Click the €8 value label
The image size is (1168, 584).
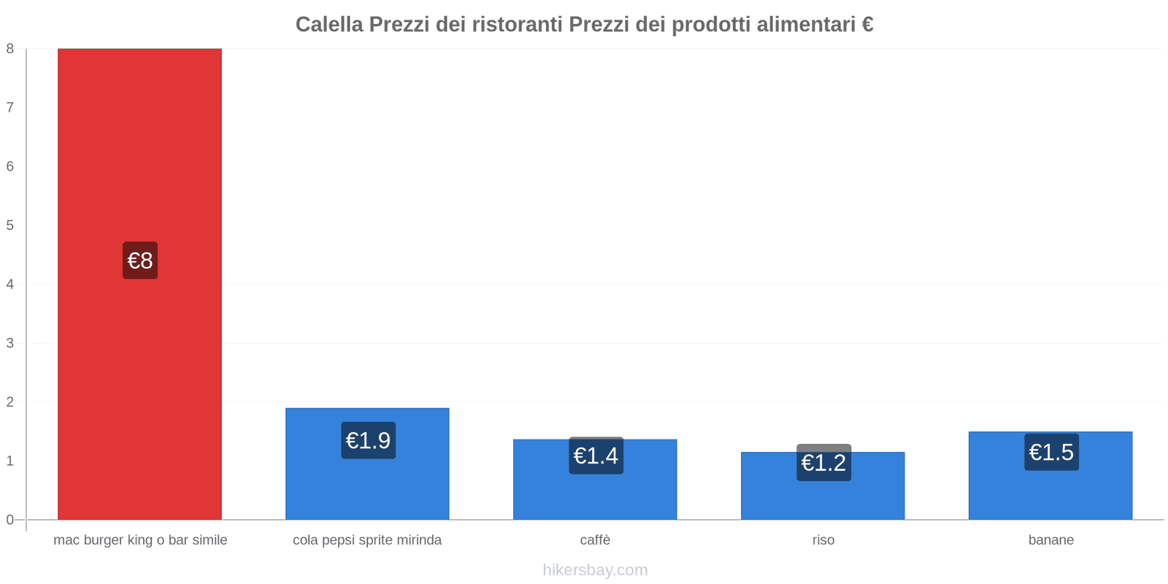pyautogui.click(x=140, y=261)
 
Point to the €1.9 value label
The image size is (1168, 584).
pyautogui.click(x=368, y=441)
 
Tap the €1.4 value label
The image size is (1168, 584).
pyautogui.click(x=596, y=456)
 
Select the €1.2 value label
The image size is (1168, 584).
pyautogui.click(x=823, y=463)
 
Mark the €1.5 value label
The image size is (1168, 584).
pyautogui.click(x=1051, y=453)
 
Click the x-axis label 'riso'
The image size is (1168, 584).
pyautogui.click(x=823, y=540)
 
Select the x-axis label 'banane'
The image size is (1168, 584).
pyautogui.click(x=1050, y=540)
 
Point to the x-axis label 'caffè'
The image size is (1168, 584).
pyautogui.click(x=595, y=540)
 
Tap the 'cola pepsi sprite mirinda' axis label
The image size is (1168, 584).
pyautogui.click(x=367, y=540)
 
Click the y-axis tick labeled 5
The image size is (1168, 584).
pyautogui.click(x=10, y=226)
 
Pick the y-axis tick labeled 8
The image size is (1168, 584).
pyautogui.click(x=10, y=49)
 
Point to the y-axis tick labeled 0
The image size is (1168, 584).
pyautogui.click(x=10, y=520)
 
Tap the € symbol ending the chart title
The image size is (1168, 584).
pyautogui.click(x=867, y=25)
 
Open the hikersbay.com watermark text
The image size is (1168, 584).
pyautogui.click(x=595, y=570)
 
